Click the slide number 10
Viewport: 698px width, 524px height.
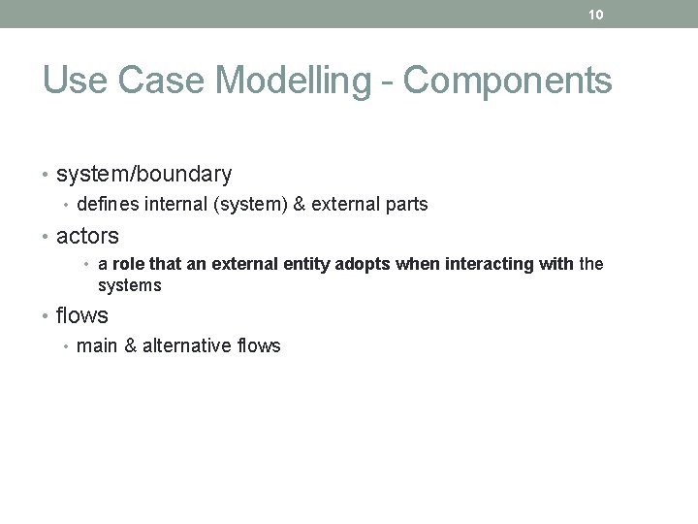point(596,15)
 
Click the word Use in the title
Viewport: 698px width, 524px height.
point(74,81)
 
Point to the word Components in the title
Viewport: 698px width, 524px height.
point(508,81)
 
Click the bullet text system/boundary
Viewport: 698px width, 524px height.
point(144,175)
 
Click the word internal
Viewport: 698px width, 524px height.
point(176,205)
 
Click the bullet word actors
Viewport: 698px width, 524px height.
point(87,236)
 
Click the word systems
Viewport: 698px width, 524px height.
point(130,286)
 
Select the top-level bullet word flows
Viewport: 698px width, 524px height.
point(82,315)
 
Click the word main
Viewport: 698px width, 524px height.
point(96,346)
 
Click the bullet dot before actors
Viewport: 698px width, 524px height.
point(47,237)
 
